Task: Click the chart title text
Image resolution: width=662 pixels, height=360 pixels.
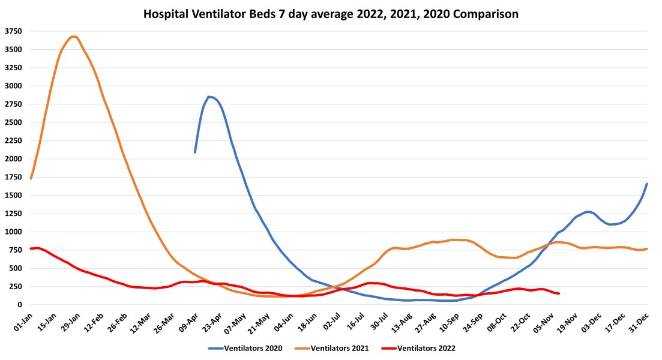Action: click(331, 13)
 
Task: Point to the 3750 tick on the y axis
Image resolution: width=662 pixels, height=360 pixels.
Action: click(13, 31)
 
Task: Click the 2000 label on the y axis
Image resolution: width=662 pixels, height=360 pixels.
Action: click(13, 159)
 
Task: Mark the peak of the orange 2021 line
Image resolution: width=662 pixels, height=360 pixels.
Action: click(73, 37)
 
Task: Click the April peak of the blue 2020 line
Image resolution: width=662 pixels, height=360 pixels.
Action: click(209, 97)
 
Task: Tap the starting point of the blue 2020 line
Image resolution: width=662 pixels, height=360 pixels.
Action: click(195, 152)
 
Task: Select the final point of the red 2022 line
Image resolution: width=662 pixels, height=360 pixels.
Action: click(559, 293)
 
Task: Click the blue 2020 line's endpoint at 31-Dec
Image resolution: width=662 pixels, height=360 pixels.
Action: click(647, 184)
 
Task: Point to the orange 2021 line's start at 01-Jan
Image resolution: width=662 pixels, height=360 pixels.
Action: click(31, 179)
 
